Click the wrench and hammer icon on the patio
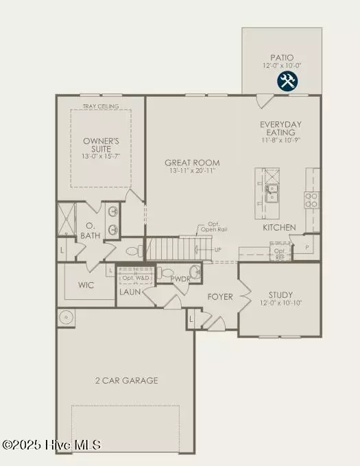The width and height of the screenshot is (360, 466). click(287, 82)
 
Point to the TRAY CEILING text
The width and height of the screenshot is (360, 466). click(101, 106)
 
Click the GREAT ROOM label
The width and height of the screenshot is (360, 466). click(187, 163)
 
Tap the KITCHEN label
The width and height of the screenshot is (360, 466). click(279, 227)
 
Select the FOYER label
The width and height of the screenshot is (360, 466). click(221, 297)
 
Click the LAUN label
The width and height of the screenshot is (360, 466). click(130, 292)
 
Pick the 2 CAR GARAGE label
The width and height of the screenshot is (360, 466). click(126, 380)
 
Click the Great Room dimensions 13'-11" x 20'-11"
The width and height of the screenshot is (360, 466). click(187, 172)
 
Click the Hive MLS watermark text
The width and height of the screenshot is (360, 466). click(51, 445)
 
